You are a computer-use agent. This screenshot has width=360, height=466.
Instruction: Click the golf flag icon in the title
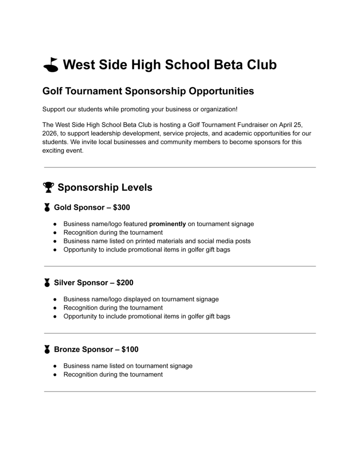pos(51,65)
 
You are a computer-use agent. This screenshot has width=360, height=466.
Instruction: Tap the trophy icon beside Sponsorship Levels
pos(48,187)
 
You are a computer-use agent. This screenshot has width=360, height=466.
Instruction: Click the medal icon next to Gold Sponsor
pos(47,208)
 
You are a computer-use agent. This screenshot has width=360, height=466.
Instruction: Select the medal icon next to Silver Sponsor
pos(47,283)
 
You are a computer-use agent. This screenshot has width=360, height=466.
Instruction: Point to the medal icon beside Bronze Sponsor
pos(47,349)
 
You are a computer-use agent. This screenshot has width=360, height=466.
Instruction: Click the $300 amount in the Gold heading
pos(122,208)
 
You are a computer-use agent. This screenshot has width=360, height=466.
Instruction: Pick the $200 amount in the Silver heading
pos(125,283)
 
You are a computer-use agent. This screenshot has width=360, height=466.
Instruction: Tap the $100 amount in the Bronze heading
pos(130,349)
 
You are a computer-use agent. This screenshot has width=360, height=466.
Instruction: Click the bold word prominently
pos(167,224)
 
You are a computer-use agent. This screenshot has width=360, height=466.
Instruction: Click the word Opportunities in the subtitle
pos(221,91)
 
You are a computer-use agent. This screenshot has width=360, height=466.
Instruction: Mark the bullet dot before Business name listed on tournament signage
pos(55,366)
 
